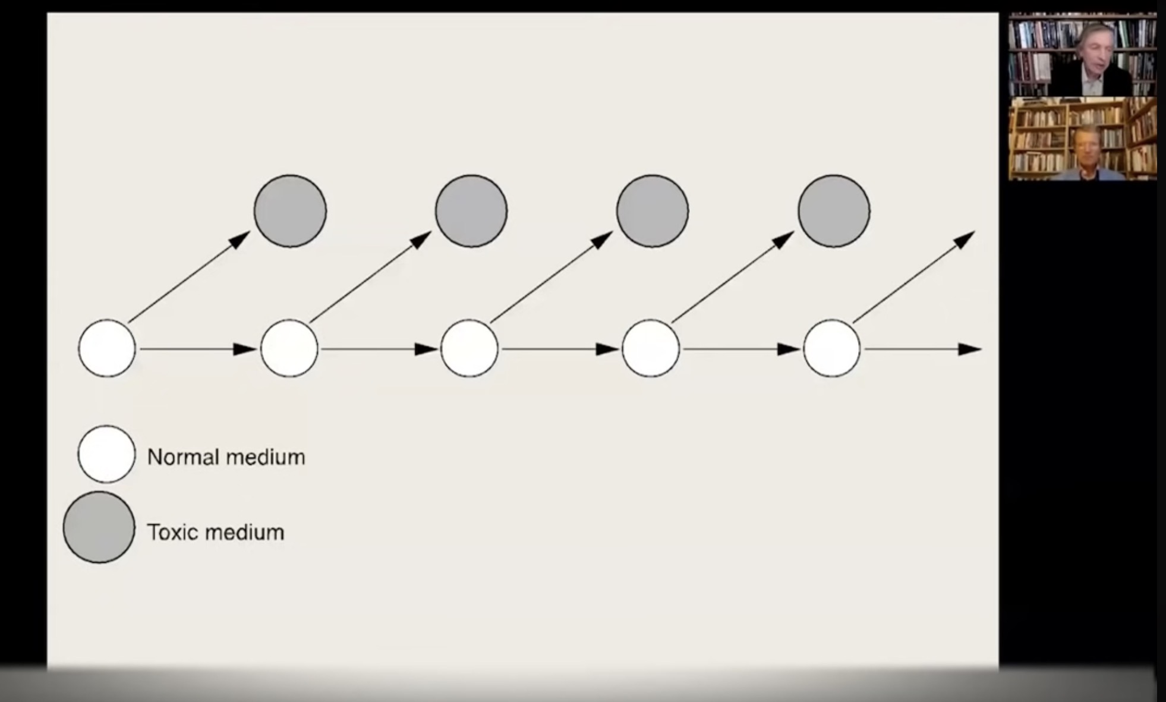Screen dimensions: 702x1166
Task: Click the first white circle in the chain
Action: pyautogui.click(x=107, y=348)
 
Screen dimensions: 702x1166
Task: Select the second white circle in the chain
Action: pyautogui.click(x=289, y=348)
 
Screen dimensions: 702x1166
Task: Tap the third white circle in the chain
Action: pyautogui.click(x=469, y=348)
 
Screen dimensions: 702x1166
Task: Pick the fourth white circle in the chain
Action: pyautogui.click(x=651, y=348)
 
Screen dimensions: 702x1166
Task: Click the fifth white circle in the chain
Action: pyautogui.click(x=832, y=348)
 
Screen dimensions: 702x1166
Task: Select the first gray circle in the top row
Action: pyautogui.click(x=290, y=211)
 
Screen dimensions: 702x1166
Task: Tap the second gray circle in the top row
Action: pyautogui.click(x=471, y=211)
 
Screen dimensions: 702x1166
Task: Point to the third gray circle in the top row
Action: pyautogui.click(x=653, y=211)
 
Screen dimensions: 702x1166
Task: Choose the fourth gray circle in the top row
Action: pyautogui.click(x=834, y=211)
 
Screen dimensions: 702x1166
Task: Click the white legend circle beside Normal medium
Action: pyautogui.click(x=107, y=454)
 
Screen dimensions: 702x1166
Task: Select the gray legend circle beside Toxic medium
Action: pyautogui.click(x=99, y=527)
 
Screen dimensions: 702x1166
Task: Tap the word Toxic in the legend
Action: pyautogui.click(x=172, y=532)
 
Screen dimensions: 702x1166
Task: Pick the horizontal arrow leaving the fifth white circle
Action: pyautogui.click(x=921, y=350)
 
